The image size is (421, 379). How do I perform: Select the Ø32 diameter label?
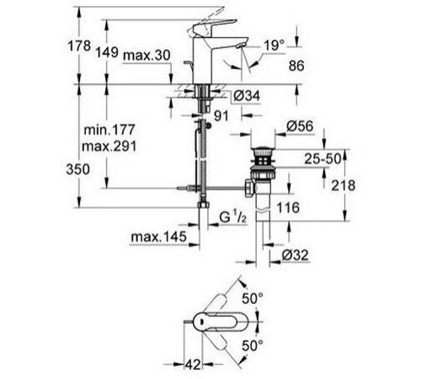click(297, 254)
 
